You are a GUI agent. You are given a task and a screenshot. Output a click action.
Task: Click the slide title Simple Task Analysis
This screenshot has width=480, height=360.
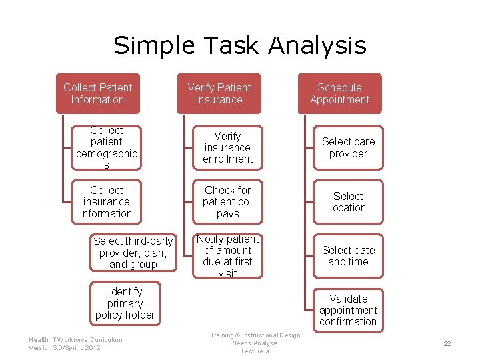point(240,45)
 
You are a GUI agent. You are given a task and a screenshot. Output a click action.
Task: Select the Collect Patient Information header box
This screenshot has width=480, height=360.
point(98,93)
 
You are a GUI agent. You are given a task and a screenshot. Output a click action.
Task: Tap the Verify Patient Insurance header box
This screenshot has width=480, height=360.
point(219,93)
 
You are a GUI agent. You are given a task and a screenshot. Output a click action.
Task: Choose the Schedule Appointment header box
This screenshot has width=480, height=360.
point(339,93)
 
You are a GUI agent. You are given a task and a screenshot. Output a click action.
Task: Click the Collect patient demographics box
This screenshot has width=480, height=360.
point(106,147)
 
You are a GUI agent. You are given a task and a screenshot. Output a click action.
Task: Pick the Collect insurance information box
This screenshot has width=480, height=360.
point(106,201)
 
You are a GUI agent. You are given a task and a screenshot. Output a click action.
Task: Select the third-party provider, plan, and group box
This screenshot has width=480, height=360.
point(133,253)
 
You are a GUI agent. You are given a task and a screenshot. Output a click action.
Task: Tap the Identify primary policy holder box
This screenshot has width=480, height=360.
point(125,303)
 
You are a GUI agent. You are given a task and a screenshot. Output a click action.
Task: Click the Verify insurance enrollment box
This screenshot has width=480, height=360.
point(227,147)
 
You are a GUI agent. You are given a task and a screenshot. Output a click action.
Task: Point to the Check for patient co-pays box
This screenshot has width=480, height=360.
point(227,201)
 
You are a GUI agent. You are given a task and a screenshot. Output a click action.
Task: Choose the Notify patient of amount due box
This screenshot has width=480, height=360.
point(227,255)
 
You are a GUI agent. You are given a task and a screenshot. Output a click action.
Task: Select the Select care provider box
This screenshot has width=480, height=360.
point(348,147)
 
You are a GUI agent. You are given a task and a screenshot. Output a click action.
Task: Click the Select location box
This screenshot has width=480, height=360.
point(348,201)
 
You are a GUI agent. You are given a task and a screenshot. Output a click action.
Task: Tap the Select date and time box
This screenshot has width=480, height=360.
point(348,255)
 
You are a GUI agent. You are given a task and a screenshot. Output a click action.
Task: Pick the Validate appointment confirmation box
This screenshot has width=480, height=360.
point(348,310)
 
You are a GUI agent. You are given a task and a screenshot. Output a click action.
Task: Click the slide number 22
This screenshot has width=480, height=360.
point(447,344)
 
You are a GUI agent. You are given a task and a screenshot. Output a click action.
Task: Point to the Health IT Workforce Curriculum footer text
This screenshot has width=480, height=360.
point(75,339)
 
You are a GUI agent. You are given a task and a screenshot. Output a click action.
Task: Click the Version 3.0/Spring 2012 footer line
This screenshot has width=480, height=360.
point(65,348)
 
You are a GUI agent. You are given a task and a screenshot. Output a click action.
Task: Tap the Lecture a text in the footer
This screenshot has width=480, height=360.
point(255,351)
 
